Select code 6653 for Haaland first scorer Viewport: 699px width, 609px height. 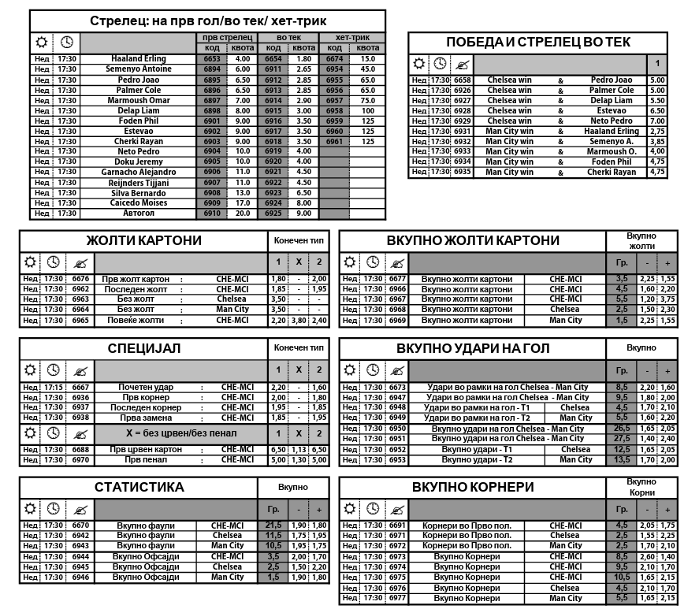212,59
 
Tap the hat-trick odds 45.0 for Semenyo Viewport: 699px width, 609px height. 367,69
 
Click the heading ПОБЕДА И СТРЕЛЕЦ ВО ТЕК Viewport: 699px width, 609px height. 538,43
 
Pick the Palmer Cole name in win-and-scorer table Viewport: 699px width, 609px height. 612,91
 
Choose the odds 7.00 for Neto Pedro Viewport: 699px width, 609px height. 657,121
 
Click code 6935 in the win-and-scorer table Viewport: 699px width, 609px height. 463,172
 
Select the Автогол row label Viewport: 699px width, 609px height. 139,214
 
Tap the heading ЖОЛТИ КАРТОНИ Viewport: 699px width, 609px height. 143,240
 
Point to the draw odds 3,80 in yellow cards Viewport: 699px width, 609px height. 299,321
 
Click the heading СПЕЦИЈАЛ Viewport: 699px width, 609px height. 143,348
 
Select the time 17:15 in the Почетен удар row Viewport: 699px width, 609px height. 54,387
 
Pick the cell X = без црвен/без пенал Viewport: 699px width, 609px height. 180,434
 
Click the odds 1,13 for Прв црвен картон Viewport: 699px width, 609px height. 299,449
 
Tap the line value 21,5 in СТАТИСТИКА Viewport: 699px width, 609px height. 273,525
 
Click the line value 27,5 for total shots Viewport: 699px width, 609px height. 622,439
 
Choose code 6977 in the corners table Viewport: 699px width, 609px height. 397,598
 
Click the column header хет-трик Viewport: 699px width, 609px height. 352,37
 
